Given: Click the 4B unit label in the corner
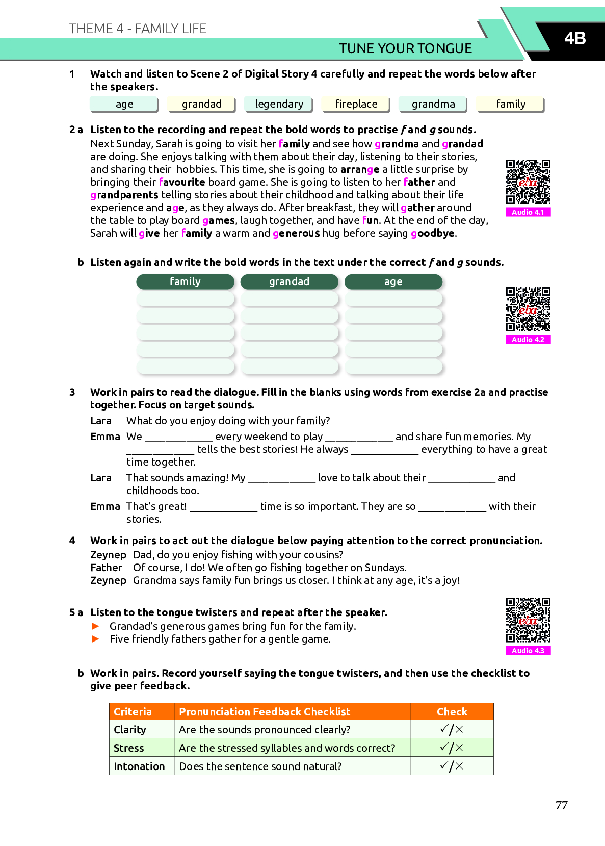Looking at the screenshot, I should (x=574, y=38).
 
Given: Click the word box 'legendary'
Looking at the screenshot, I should (x=279, y=104).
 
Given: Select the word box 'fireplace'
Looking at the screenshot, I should (x=356, y=104).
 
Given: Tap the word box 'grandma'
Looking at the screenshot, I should (x=433, y=104).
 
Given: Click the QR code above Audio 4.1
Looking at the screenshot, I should (x=528, y=182).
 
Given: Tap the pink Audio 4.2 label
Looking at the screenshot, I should (x=528, y=340).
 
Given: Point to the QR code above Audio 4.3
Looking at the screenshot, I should (x=528, y=620).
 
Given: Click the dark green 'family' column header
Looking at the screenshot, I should (x=185, y=281).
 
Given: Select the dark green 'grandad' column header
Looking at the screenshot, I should (x=289, y=281).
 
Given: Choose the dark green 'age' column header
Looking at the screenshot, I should (x=393, y=281).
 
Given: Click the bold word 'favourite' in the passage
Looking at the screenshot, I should (x=182, y=182).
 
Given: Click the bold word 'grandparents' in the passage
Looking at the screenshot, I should (x=124, y=195).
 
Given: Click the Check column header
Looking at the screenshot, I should (x=452, y=712).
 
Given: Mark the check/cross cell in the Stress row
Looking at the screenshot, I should (x=452, y=748).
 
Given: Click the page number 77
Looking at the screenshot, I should (x=561, y=805).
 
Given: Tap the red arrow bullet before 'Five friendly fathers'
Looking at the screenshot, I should (x=95, y=639).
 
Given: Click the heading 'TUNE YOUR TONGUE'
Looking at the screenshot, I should (x=405, y=48).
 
